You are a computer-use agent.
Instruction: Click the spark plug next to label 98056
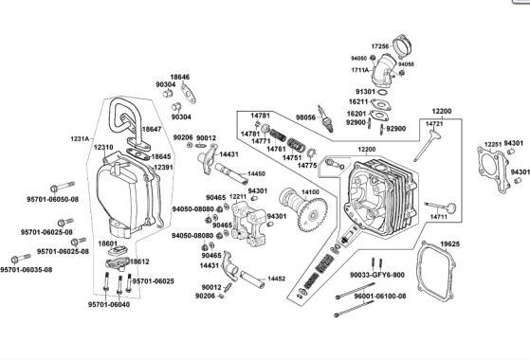[x=326, y=118]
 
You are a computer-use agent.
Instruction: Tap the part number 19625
[x=450, y=243]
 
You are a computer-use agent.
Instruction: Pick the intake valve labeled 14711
[x=440, y=207]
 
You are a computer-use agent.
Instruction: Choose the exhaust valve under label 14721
[x=428, y=146]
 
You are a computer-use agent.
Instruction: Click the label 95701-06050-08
[x=53, y=199]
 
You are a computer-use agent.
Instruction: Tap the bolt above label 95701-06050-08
[x=63, y=187]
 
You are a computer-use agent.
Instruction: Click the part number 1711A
[x=360, y=70]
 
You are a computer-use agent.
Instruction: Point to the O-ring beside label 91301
[x=383, y=92]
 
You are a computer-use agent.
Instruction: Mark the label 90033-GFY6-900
[x=377, y=275]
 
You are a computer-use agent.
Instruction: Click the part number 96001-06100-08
[x=380, y=297]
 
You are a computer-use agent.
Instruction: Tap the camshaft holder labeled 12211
[x=248, y=224]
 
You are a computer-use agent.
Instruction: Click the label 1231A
[x=80, y=138]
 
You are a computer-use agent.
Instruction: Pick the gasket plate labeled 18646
[x=189, y=93]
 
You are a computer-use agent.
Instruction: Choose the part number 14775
[x=307, y=165]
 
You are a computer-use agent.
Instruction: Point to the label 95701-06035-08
[x=27, y=270]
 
